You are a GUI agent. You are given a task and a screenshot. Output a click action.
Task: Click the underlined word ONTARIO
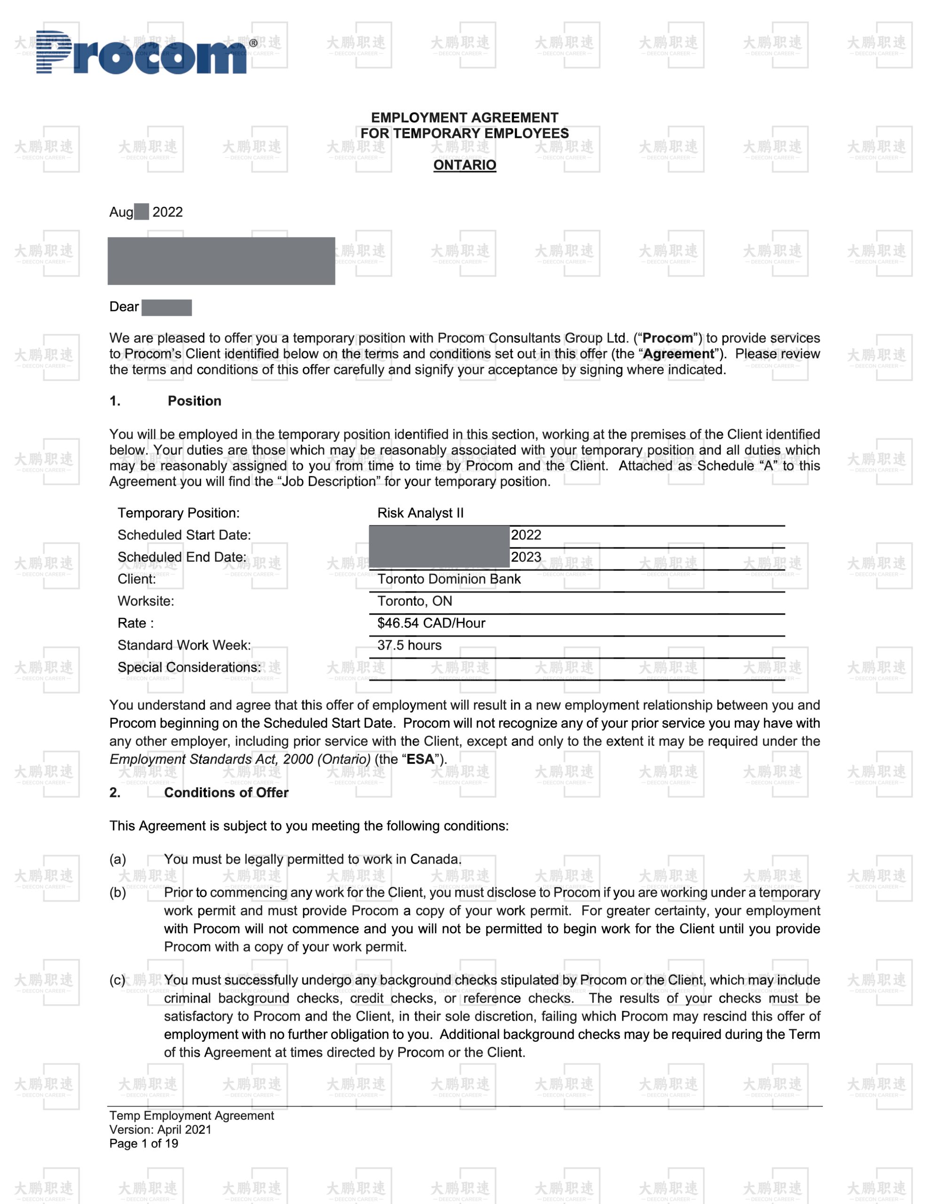(x=464, y=165)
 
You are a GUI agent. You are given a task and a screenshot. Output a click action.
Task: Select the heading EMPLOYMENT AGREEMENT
(x=464, y=118)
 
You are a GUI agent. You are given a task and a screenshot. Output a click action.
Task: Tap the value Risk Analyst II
(x=420, y=513)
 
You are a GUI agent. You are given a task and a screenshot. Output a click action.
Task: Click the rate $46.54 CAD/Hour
(x=431, y=623)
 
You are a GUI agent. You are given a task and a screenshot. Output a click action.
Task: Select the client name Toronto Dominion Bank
(x=449, y=579)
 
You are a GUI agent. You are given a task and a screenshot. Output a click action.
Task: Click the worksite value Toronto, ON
(x=415, y=601)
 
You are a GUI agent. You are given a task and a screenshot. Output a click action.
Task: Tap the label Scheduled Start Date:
(x=184, y=535)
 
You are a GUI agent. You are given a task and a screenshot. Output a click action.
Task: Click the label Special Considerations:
(x=189, y=667)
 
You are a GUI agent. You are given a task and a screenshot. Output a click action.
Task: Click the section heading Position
(x=194, y=401)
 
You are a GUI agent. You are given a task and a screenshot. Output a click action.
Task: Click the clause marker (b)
(x=118, y=893)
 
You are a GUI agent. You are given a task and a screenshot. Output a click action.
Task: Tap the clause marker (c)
(x=118, y=980)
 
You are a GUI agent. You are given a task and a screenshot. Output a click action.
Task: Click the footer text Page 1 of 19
(x=143, y=1143)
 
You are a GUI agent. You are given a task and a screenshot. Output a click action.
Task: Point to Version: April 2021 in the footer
(x=160, y=1130)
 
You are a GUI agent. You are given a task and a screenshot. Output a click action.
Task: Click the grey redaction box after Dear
(x=166, y=308)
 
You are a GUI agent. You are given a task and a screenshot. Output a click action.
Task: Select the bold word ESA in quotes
(x=420, y=759)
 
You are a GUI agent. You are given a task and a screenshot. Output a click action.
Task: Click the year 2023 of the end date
(x=526, y=557)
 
